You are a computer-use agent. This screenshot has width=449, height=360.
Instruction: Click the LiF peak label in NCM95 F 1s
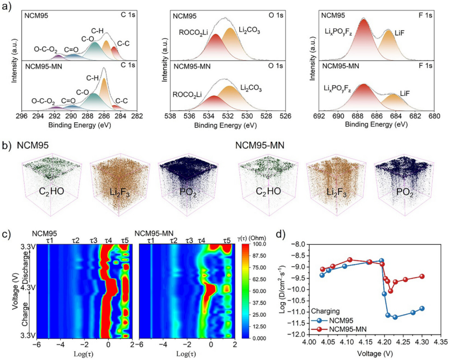[x=399, y=33]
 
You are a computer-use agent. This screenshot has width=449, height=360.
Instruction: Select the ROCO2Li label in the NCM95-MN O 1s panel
[x=187, y=94]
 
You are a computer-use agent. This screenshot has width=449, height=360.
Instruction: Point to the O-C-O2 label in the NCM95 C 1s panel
[x=46, y=49]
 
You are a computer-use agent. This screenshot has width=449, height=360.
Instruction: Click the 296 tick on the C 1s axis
[x=22, y=116]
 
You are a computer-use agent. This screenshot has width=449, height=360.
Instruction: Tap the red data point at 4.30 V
[x=422, y=276]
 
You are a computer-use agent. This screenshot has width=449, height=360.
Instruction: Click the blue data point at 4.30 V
[x=422, y=308]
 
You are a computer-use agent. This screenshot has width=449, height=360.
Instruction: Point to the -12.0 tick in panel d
[x=299, y=334]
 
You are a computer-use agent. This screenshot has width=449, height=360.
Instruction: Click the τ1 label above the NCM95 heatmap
[x=50, y=241]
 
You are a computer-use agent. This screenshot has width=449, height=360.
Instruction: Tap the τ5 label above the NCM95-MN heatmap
[x=227, y=241]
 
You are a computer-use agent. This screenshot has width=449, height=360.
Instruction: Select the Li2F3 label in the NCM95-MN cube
[x=336, y=192]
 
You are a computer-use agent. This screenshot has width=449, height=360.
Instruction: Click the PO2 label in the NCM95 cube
[x=188, y=192]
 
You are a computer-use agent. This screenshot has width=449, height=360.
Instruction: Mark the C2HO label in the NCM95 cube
[x=52, y=191]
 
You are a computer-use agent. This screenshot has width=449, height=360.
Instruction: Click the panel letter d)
[x=281, y=234]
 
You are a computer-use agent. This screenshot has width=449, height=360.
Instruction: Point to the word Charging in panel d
[x=325, y=311]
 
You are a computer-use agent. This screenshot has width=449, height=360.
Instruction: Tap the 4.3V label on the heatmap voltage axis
[x=28, y=287]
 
